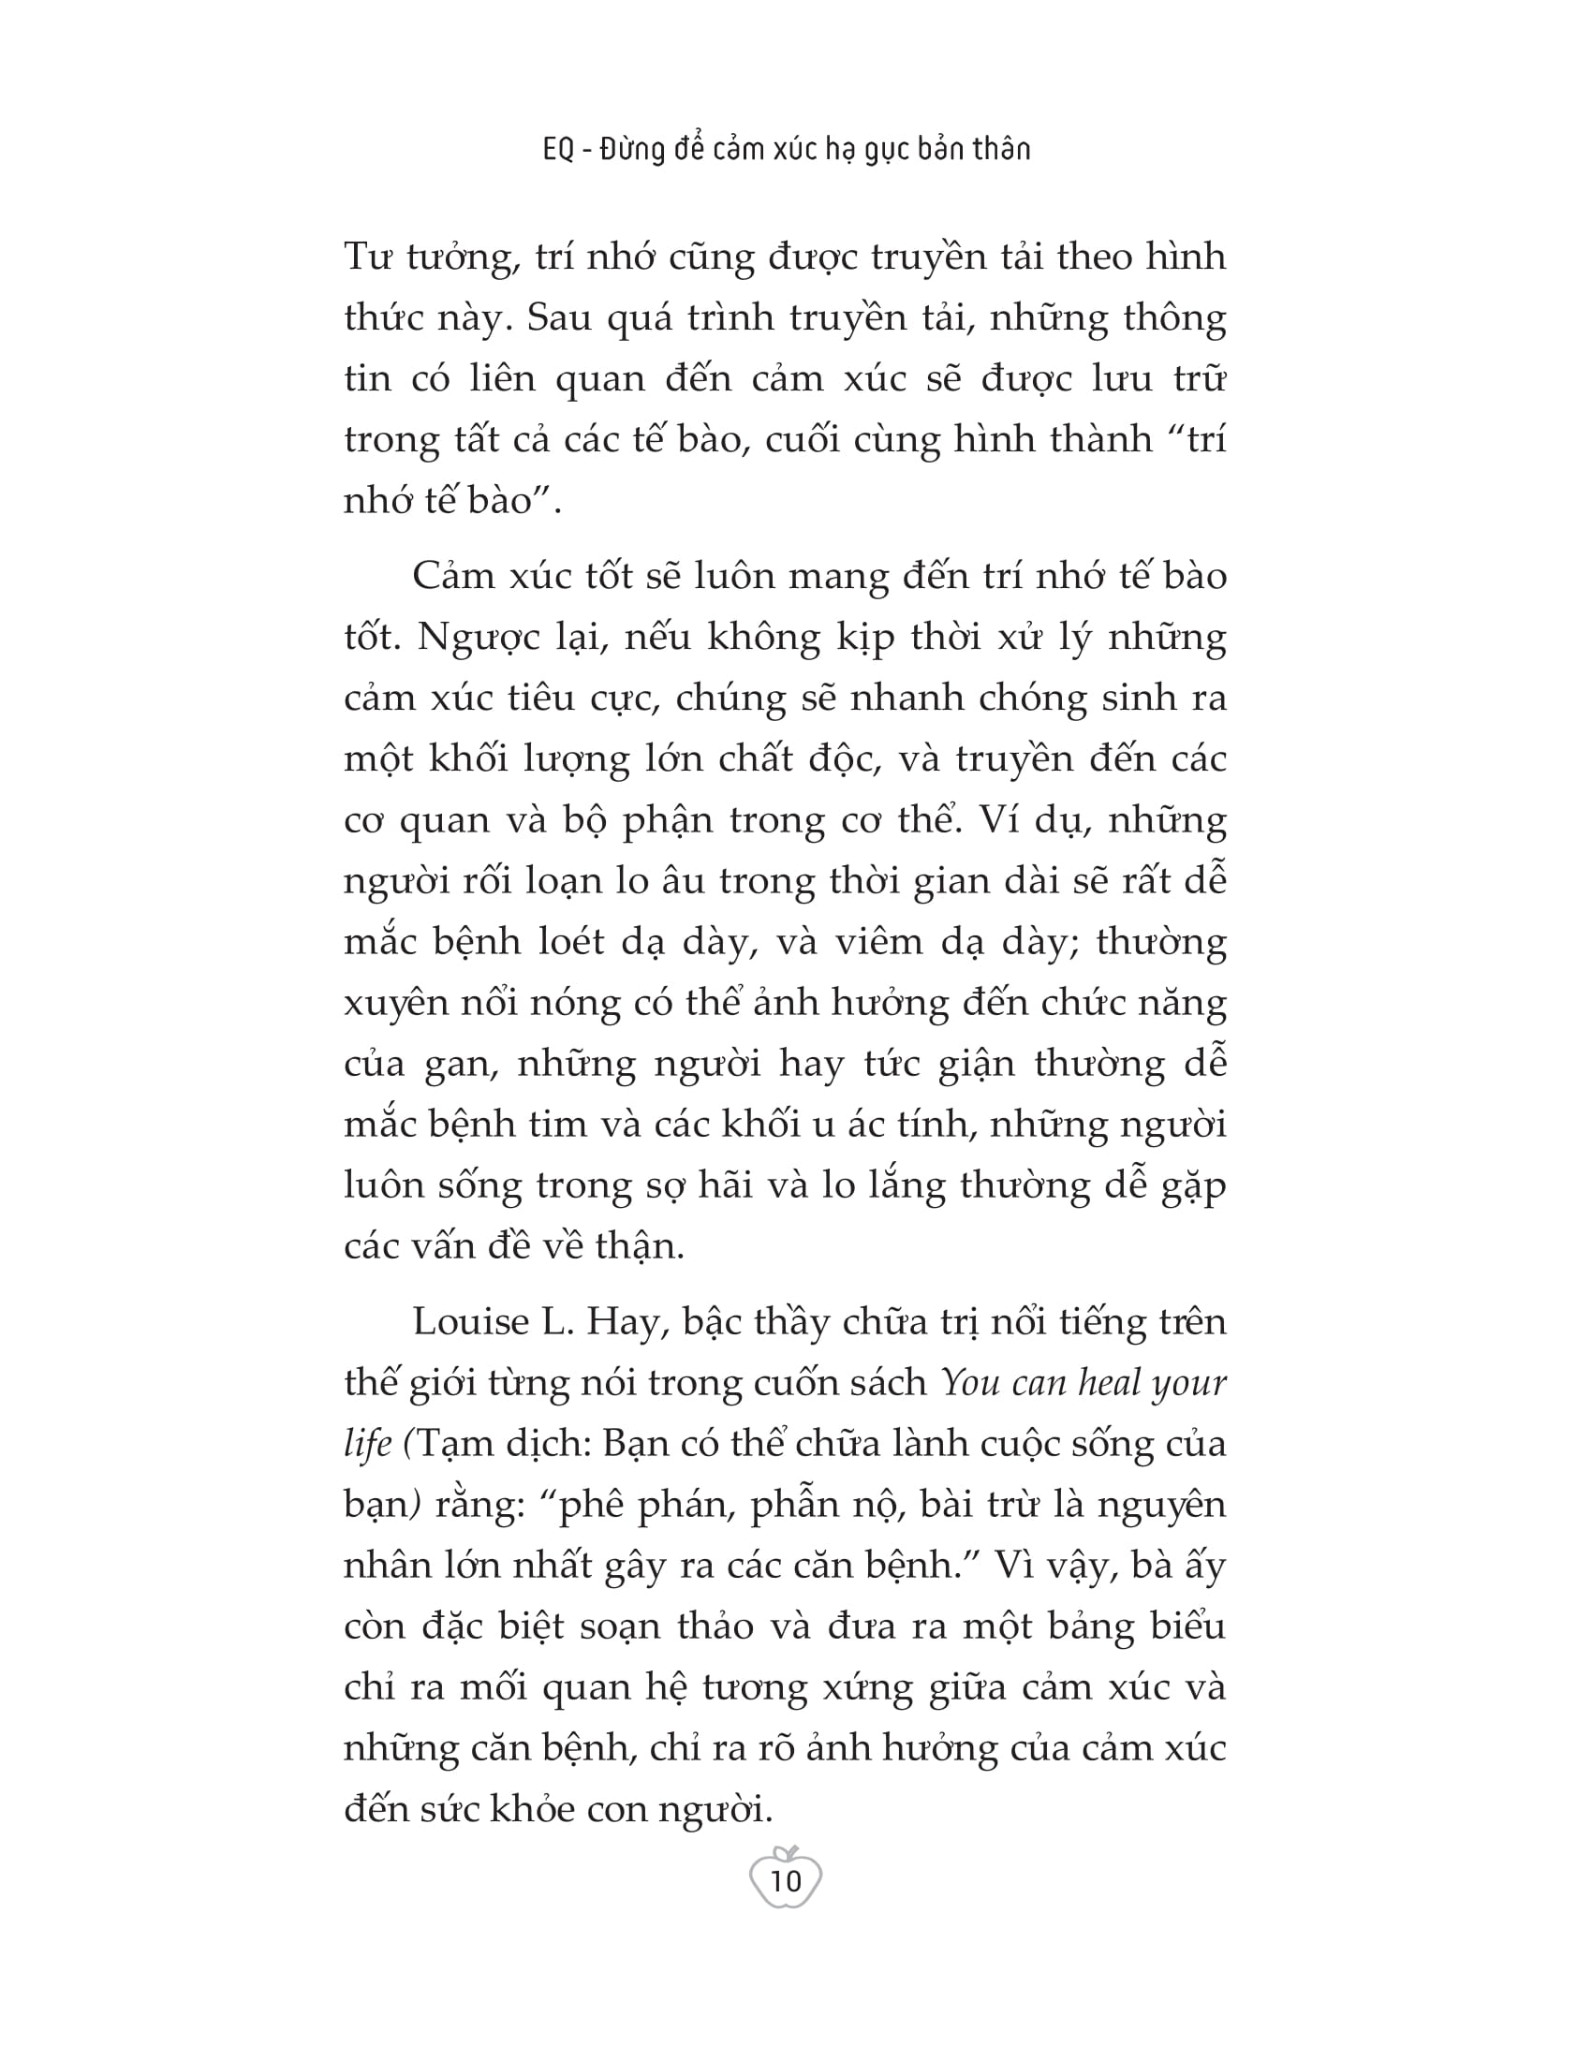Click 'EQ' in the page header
(x=558, y=149)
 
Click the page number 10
(x=786, y=1881)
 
